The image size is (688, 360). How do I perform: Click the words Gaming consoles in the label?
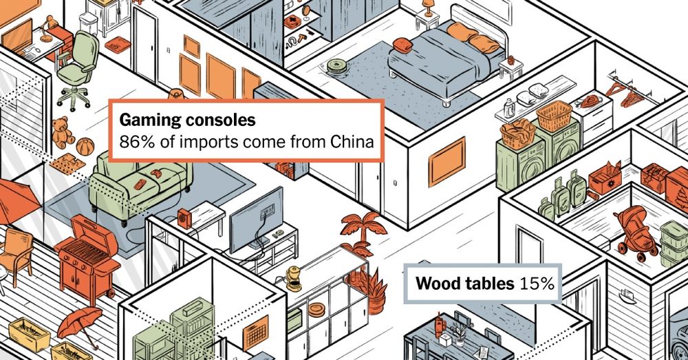coord(187,120)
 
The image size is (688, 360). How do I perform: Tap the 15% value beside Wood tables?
coord(537,284)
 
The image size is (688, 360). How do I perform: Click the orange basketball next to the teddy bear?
coord(85,147)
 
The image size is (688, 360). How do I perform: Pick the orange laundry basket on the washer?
coord(555,116)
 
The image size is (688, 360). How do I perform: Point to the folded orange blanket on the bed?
coord(402,45)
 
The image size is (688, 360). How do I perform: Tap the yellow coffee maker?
coord(293,278)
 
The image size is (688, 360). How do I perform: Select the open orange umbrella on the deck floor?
coord(79,326)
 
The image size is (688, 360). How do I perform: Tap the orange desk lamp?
coord(48,29)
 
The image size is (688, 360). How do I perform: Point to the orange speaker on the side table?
coord(184,218)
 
